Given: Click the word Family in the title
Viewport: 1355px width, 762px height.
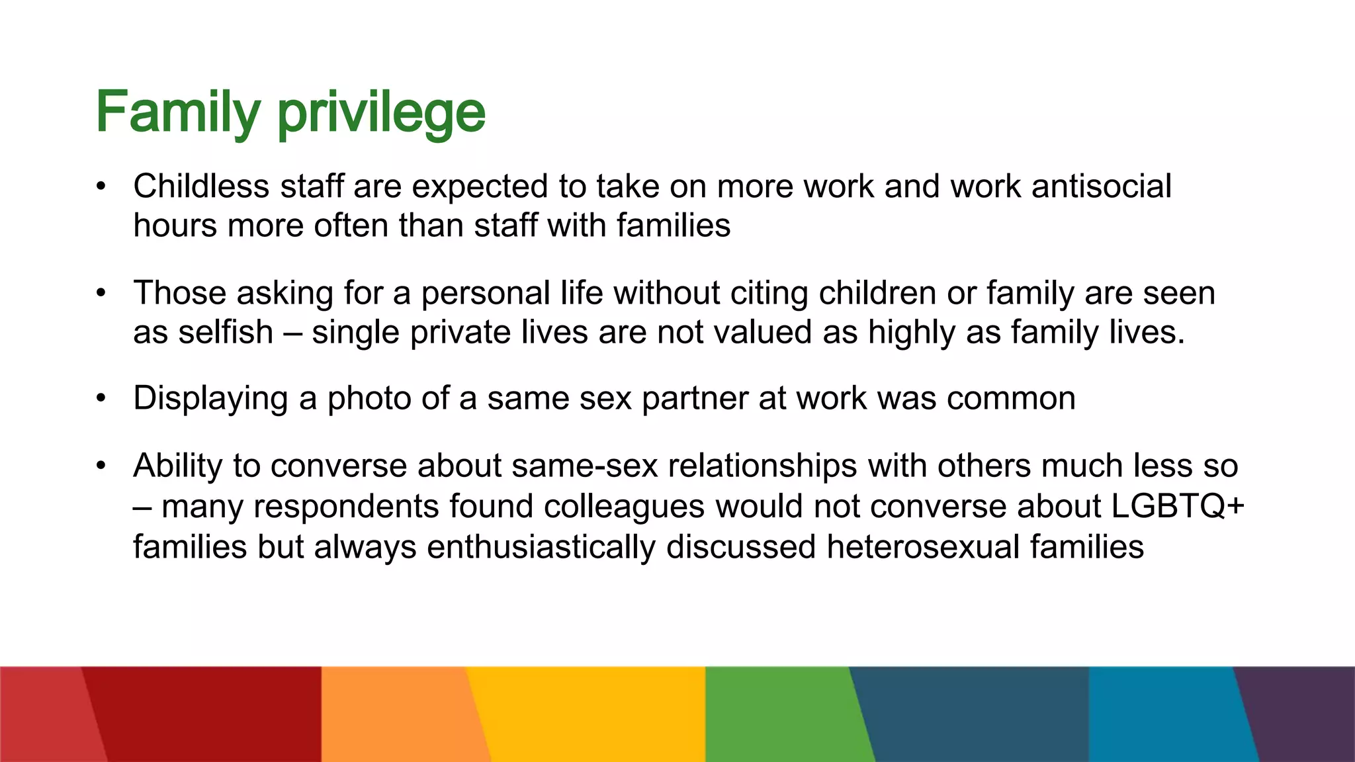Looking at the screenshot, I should (x=177, y=112).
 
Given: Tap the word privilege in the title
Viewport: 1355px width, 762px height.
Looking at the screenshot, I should (x=381, y=114).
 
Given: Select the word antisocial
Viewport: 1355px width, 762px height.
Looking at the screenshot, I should (x=1101, y=186).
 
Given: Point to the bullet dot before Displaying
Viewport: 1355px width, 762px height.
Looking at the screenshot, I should (x=101, y=398).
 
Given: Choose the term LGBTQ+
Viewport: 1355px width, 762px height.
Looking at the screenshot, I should (x=1178, y=506).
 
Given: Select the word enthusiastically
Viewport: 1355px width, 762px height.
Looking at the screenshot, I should (x=541, y=547).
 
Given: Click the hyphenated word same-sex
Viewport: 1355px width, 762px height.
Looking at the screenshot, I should (x=584, y=466).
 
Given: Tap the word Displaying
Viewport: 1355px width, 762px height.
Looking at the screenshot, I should (x=210, y=399).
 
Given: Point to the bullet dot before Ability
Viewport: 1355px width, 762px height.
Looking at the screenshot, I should (x=101, y=466).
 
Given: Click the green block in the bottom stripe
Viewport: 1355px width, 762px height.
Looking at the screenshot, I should (x=781, y=714).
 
